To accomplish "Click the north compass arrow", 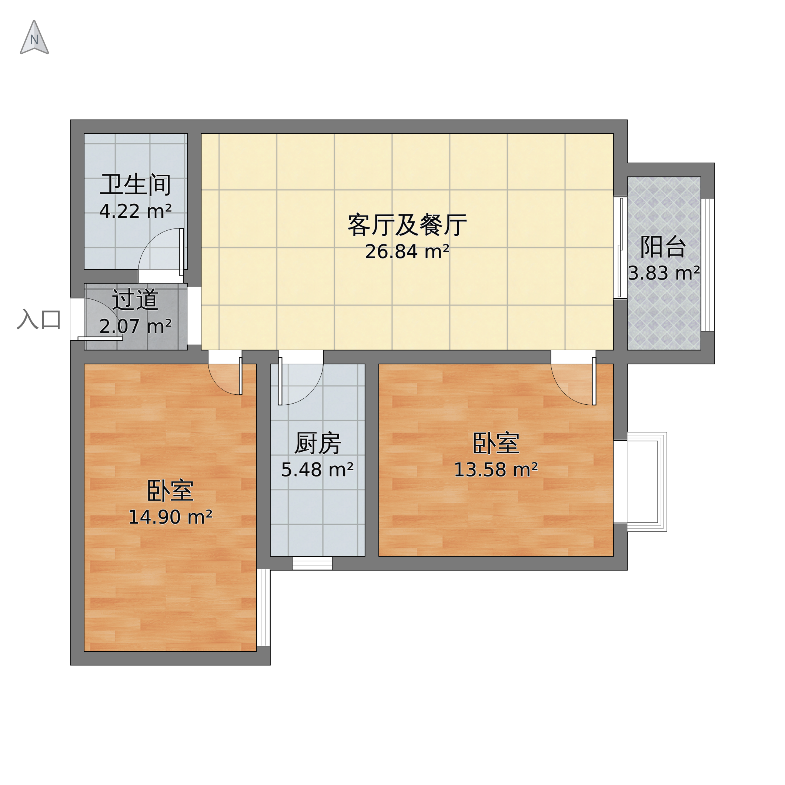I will coord(34,38).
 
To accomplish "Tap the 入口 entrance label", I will coord(39,319).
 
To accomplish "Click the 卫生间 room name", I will coord(135,185).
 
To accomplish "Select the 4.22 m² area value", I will coord(135,211).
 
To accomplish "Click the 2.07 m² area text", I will coord(135,326).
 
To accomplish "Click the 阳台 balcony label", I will coord(663,247).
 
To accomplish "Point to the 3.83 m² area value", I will coord(664,273).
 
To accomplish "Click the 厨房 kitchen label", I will coord(317,443).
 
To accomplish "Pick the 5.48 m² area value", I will coord(317,470).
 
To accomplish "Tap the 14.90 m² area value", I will coord(170,517).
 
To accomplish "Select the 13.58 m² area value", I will coord(496,470).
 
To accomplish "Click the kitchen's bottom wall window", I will coord(312,563).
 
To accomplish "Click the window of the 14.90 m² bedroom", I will coord(263,607).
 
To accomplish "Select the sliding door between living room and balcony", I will coord(620,248).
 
